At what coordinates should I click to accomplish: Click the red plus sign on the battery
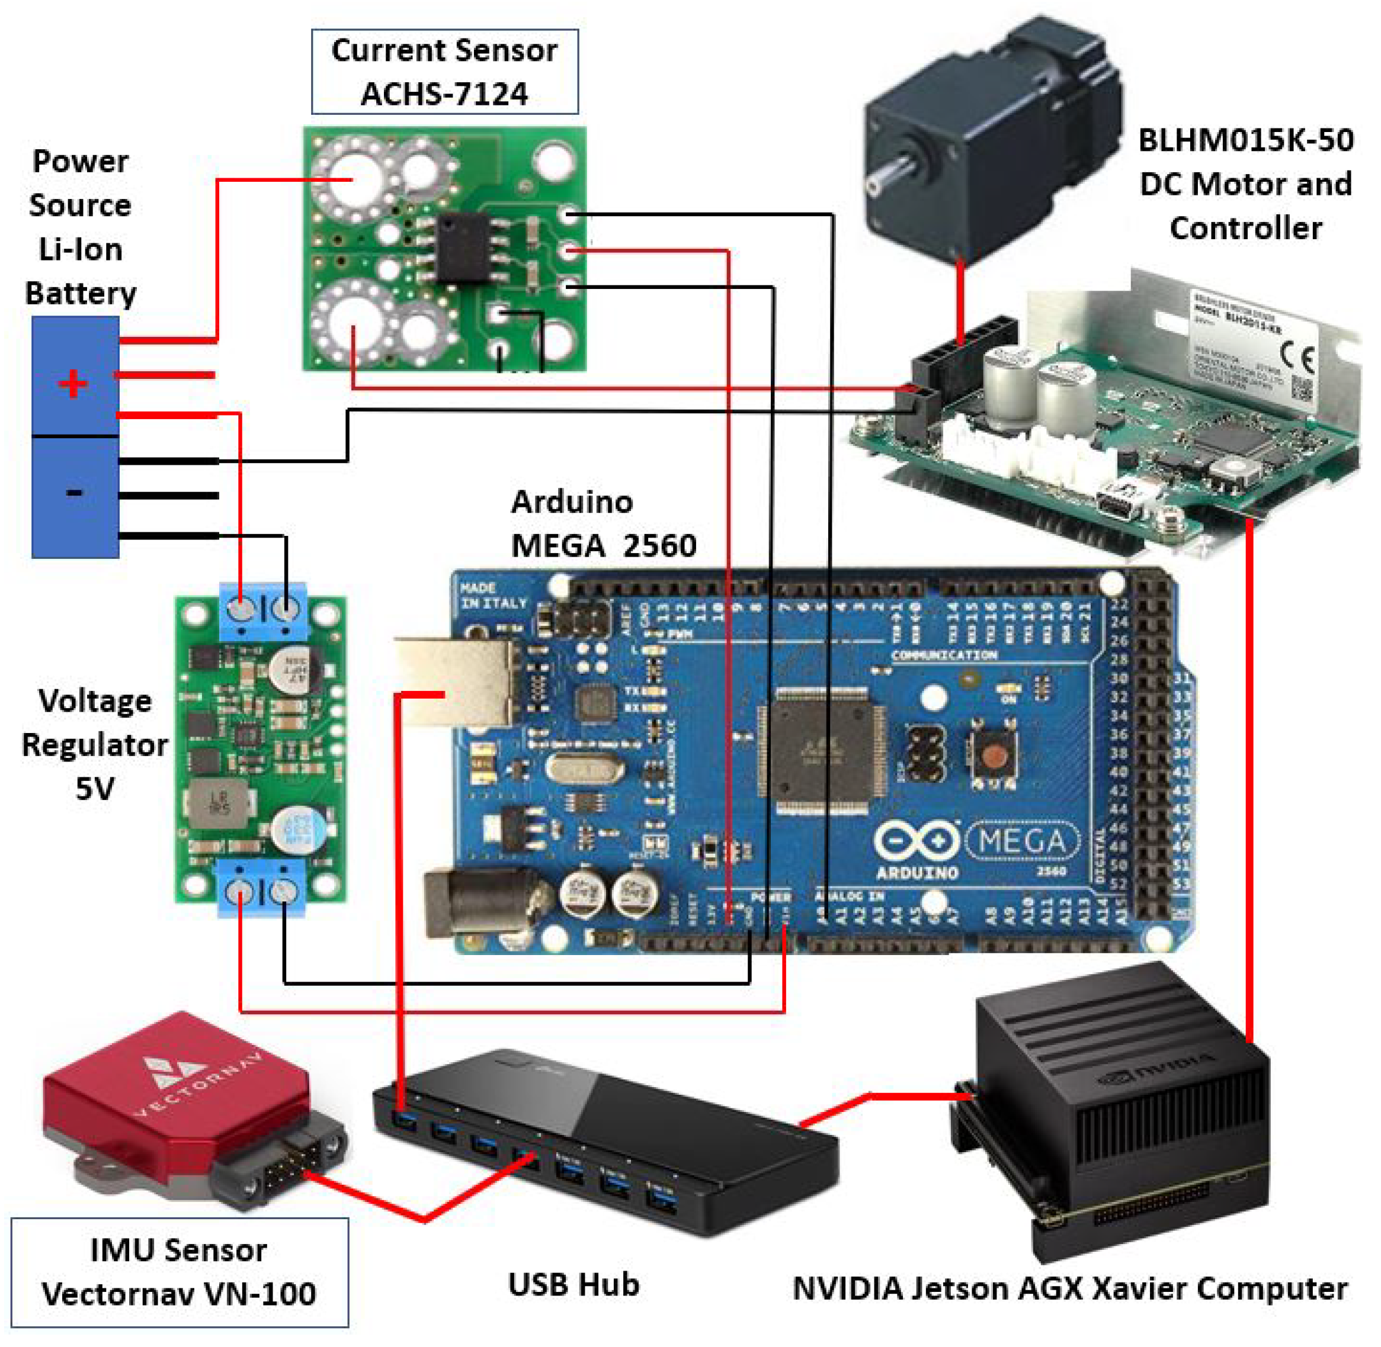72,384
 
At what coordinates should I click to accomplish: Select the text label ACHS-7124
444,94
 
